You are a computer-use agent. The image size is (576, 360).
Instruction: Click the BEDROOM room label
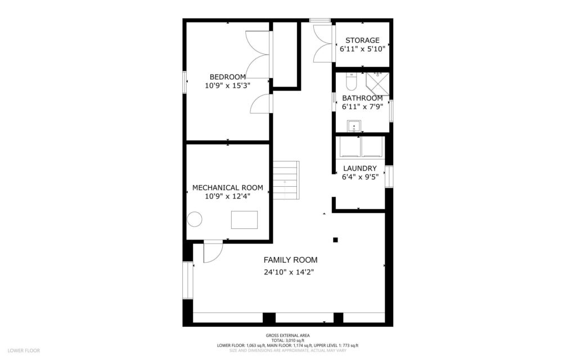click(228, 77)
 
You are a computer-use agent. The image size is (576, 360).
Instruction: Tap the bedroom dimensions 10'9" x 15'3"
click(228, 85)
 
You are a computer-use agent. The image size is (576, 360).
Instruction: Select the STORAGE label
click(362, 40)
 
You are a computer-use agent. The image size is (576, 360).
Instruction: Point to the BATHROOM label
click(362, 98)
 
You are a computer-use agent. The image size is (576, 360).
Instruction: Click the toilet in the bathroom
click(352, 83)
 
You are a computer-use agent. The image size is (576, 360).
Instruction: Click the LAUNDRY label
click(359, 168)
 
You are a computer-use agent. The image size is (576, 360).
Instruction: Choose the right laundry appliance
click(372, 147)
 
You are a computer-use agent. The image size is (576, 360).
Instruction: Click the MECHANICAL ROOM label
click(228, 187)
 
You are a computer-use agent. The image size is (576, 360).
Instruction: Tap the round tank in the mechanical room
click(195, 219)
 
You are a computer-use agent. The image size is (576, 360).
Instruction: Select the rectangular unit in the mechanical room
click(244, 219)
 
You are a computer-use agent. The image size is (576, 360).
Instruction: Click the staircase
click(286, 180)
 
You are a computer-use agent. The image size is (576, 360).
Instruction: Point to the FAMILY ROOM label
click(290, 260)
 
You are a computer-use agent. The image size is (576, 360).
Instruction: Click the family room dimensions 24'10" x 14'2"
click(289, 272)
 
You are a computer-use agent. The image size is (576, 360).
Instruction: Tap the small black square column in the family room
click(335, 240)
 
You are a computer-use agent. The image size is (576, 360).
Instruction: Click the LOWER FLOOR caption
click(24, 350)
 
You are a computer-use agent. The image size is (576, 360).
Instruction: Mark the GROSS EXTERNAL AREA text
click(287, 336)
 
